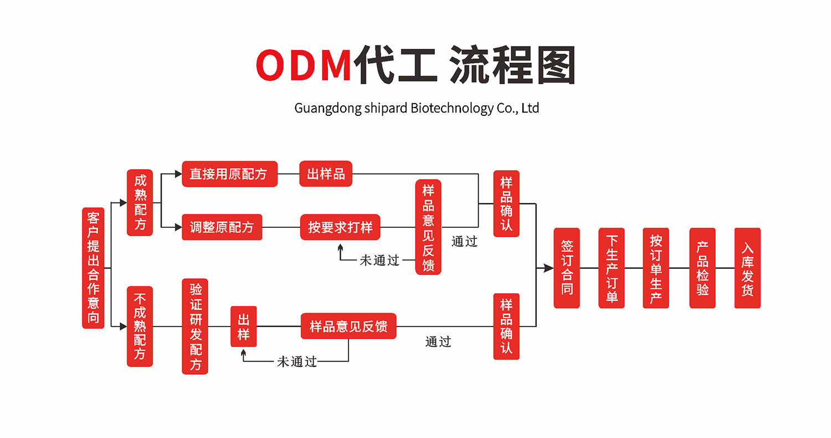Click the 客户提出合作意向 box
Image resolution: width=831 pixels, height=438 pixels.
(93, 268)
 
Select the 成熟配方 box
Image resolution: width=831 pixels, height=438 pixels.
(140, 203)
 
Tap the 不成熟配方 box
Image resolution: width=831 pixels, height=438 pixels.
(140, 326)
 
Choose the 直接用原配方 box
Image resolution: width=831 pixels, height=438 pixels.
(229, 174)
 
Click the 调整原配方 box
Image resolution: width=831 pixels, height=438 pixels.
(222, 227)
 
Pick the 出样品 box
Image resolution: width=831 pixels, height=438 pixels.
(326, 174)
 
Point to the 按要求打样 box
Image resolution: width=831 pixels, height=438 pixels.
(340, 227)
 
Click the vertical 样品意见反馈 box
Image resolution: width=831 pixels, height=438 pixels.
(428, 227)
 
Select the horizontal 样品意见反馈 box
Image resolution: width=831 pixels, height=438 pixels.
(348, 326)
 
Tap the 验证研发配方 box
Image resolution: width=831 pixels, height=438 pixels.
(195, 326)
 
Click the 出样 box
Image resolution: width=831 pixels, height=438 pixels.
(243, 327)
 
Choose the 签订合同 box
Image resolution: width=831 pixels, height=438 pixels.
(567, 268)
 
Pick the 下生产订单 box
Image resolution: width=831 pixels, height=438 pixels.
(612, 268)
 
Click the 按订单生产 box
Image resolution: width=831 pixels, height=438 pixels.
(656, 268)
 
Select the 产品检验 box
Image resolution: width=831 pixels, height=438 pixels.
(702, 268)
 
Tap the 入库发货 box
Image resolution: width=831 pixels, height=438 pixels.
(747, 268)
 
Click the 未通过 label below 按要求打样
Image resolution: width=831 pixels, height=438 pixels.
(379, 260)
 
